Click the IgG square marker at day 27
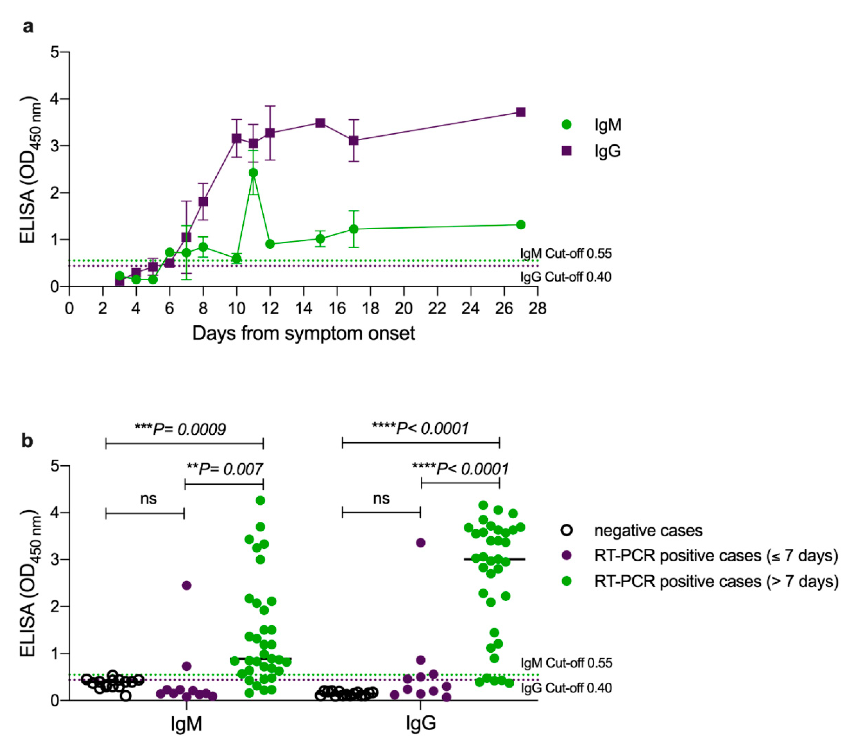[x=520, y=112]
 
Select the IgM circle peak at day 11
[x=253, y=173]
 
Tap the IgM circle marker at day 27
[x=520, y=225]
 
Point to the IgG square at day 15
[x=320, y=123]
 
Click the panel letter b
[x=27, y=441]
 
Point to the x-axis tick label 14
[x=303, y=308]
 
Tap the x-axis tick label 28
[x=537, y=308]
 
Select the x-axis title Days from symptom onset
[x=303, y=334]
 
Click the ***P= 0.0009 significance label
[x=181, y=428]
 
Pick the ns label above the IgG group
[x=381, y=498]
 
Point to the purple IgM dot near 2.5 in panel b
[x=187, y=585]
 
